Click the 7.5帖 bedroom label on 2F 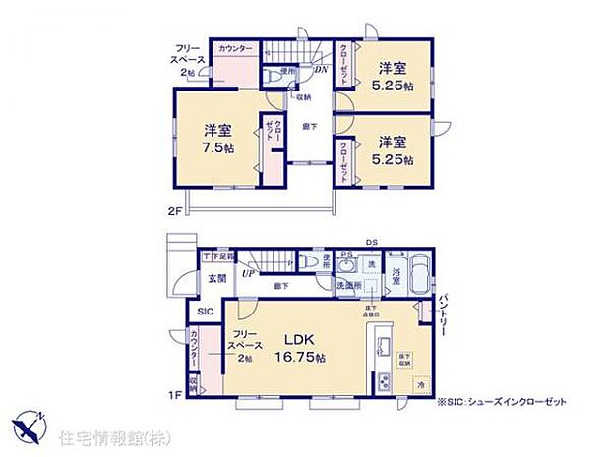[x=218, y=139]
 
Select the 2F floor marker [x=173, y=210]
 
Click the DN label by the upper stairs [x=321, y=69]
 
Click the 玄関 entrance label [x=215, y=279]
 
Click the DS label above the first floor [x=371, y=241]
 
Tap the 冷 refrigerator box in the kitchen [x=420, y=385]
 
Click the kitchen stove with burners [x=382, y=383]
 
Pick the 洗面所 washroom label [x=347, y=285]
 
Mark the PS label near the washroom [x=345, y=256]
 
